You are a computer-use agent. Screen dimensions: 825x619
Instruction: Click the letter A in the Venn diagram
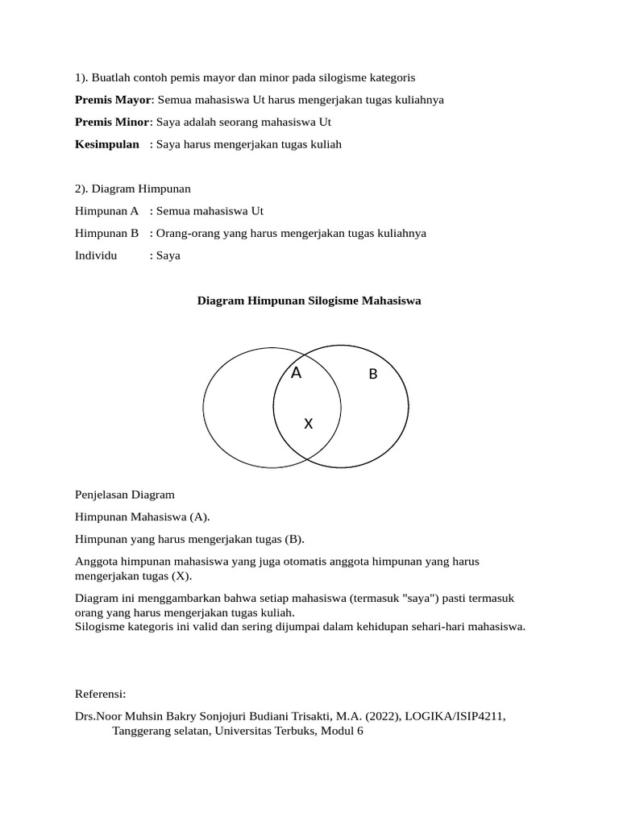(x=296, y=373)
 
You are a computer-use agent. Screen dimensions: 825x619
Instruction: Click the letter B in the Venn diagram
(x=372, y=374)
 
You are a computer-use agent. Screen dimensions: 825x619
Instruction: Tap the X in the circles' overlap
(x=308, y=424)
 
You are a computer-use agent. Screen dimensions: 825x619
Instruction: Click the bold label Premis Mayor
(x=113, y=100)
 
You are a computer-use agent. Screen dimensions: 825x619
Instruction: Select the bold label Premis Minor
(x=112, y=122)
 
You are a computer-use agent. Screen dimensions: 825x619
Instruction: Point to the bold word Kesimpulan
(x=107, y=144)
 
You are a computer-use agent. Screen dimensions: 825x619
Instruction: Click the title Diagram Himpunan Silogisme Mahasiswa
(x=309, y=301)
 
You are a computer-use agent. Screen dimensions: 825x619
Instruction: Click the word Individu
(x=96, y=255)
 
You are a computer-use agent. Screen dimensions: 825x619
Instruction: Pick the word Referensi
(x=101, y=694)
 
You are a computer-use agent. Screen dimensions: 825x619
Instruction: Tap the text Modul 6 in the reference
(x=343, y=733)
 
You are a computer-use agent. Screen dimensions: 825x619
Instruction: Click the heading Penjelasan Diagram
(x=124, y=494)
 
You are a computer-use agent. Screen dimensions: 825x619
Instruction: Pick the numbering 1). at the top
(x=81, y=77)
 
